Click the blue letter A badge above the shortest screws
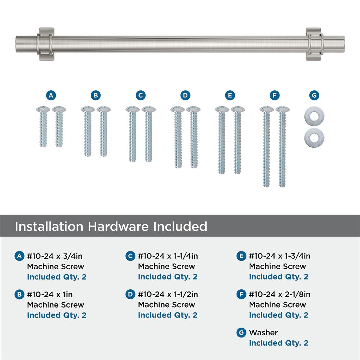(x=51, y=95)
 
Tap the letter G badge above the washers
(x=314, y=95)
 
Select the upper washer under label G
(x=314, y=116)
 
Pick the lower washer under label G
(x=314, y=137)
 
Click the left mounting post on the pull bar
(x=46, y=44)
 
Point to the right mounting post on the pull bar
(x=314, y=44)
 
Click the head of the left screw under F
(x=266, y=109)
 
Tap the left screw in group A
(x=43, y=126)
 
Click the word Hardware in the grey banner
(x=118, y=226)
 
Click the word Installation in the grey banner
(x=49, y=226)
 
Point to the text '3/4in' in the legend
(x=72, y=256)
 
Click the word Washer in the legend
(x=263, y=333)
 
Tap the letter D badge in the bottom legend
(x=130, y=294)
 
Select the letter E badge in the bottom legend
(x=241, y=256)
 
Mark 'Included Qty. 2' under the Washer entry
(x=278, y=343)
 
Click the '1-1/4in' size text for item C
(x=186, y=256)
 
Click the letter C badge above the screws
(x=141, y=95)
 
